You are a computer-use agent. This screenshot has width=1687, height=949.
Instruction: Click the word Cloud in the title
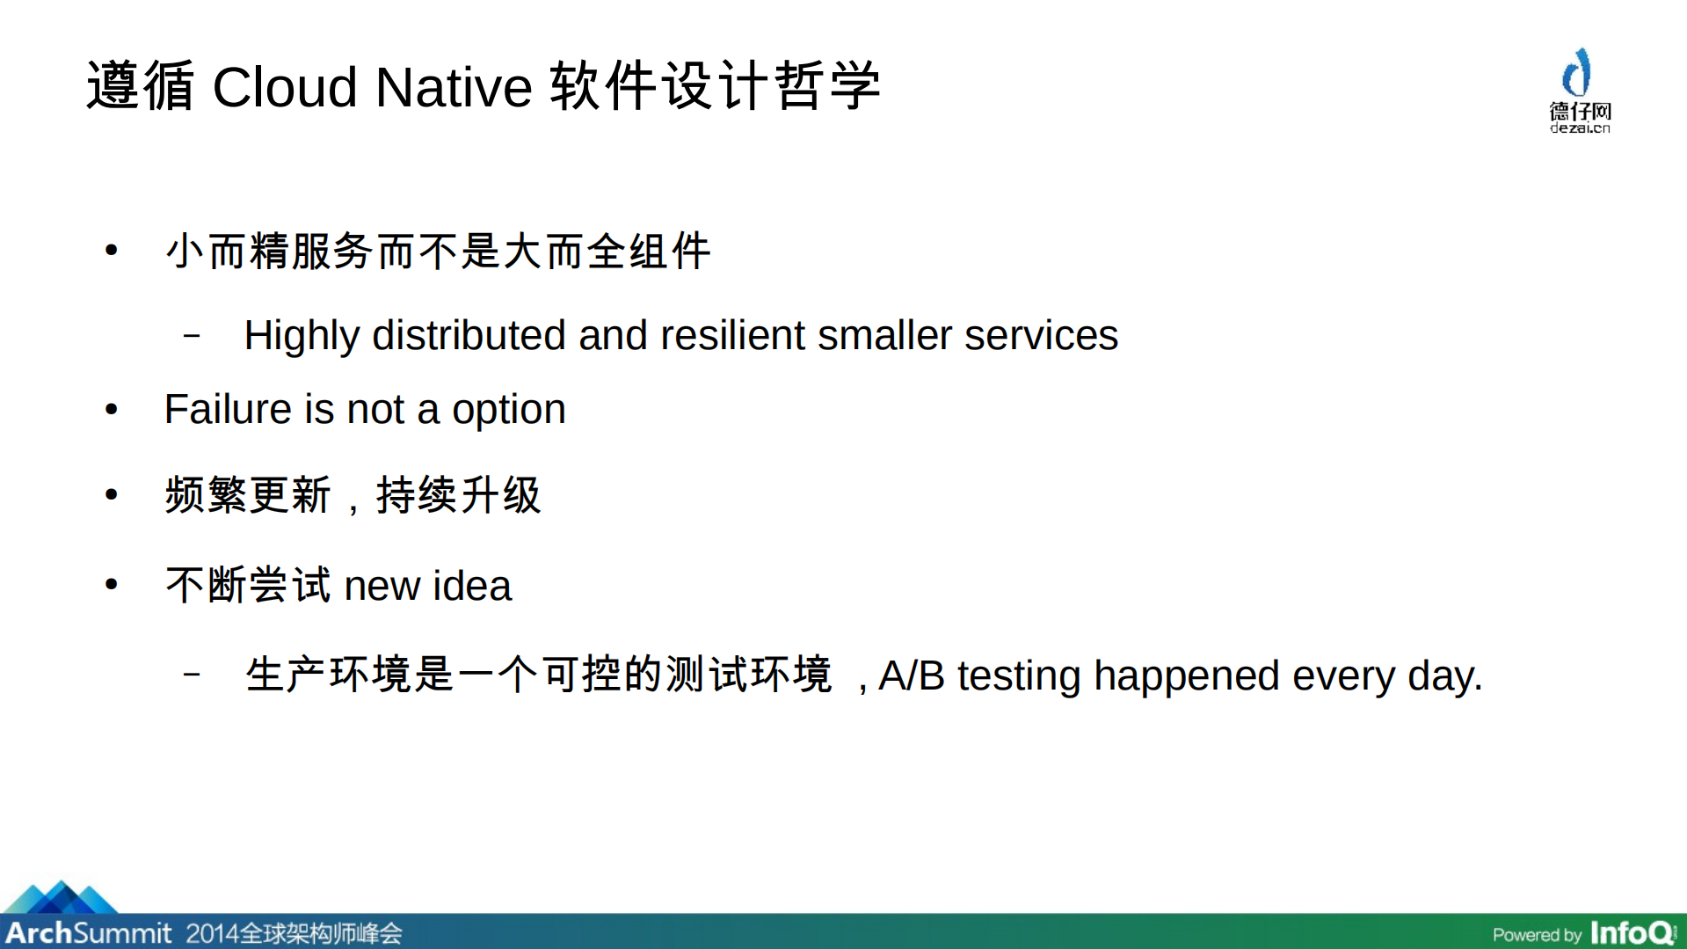pyautogui.click(x=285, y=88)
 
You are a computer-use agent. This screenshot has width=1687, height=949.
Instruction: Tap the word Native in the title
pyautogui.click(x=454, y=88)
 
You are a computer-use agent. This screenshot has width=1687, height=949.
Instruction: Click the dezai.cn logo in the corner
pyautogui.click(x=1579, y=91)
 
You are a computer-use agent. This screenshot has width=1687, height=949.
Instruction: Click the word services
pyautogui.click(x=1041, y=336)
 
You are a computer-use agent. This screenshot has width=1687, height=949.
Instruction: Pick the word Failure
pyautogui.click(x=228, y=410)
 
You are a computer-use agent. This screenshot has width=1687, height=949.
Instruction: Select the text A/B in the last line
pyautogui.click(x=911, y=676)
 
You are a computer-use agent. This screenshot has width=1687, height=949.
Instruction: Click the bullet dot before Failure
pyautogui.click(x=111, y=410)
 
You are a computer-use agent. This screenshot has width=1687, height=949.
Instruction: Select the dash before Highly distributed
pyautogui.click(x=192, y=336)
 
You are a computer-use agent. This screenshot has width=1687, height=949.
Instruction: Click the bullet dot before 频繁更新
pyautogui.click(x=111, y=495)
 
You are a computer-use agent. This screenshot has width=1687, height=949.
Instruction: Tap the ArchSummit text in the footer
pyautogui.click(x=88, y=932)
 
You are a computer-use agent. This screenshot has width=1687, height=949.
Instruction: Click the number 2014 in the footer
pyautogui.click(x=211, y=932)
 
